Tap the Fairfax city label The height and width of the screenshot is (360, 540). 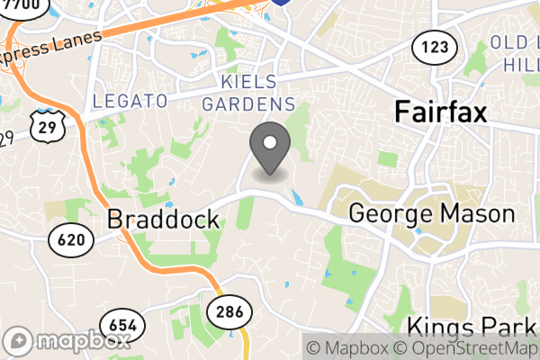[x=441, y=112]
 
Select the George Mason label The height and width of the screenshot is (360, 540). [x=431, y=214]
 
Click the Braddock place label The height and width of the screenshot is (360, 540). [x=163, y=220]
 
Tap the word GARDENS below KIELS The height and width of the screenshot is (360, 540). [x=248, y=103]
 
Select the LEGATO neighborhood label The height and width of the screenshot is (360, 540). [x=130, y=101]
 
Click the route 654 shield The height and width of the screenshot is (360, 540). [x=119, y=323]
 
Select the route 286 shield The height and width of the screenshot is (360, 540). [x=224, y=311]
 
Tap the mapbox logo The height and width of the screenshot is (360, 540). [x=70, y=341]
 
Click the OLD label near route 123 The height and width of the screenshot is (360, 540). [x=509, y=42]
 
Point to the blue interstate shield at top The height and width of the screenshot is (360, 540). [x=282, y=3]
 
